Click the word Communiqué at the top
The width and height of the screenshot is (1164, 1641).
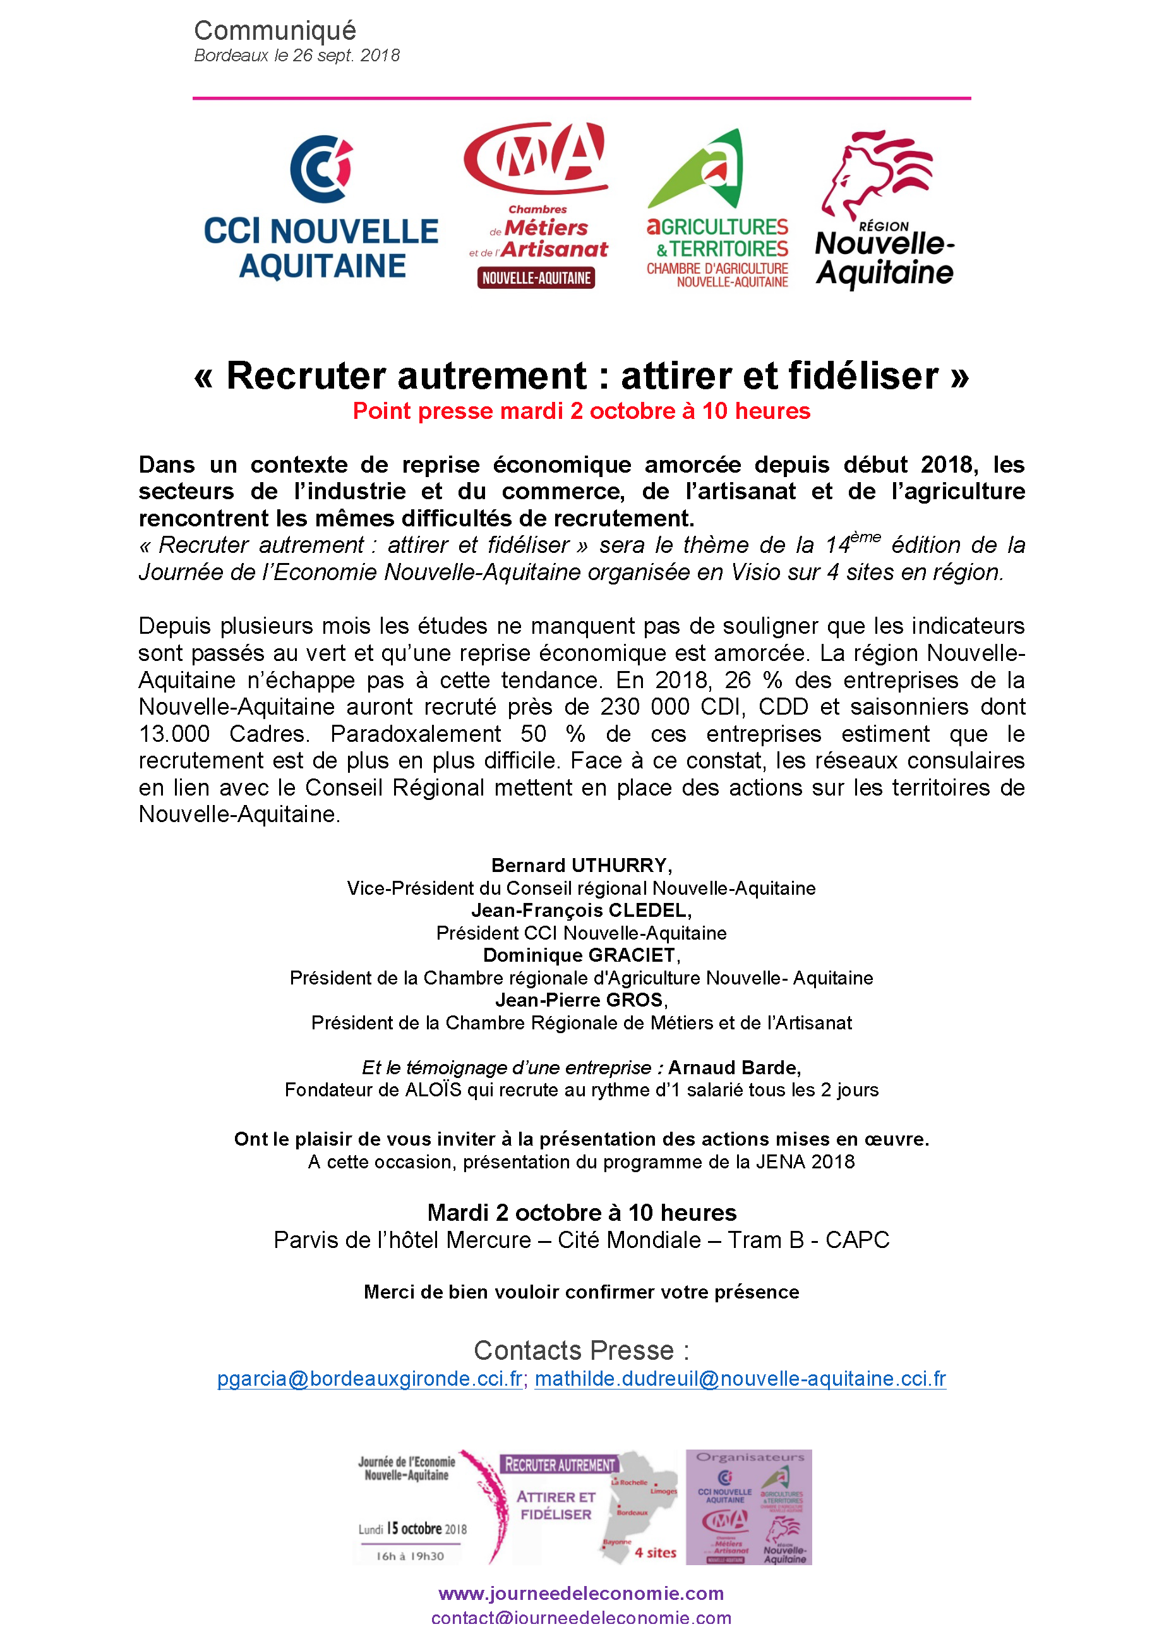tap(275, 30)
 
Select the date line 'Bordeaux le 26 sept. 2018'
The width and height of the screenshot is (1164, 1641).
tap(297, 55)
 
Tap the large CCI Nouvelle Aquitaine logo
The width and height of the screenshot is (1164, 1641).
tap(321, 208)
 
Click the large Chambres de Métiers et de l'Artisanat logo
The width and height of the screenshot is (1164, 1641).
tap(537, 205)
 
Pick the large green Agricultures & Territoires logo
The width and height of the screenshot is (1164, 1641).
tap(717, 208)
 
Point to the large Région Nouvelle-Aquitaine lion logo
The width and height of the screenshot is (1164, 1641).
tap(884, 208)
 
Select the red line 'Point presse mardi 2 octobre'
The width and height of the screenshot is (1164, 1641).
tap(581, 411)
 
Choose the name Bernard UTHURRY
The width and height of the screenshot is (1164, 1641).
tap(581, 865)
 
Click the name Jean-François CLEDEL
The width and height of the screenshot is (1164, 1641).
tap(580, 911)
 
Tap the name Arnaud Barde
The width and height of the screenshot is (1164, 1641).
tap(734, 1067)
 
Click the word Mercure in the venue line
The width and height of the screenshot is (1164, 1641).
tap(488, 1240)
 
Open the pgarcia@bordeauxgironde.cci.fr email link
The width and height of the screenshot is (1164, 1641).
tap(370, 1379)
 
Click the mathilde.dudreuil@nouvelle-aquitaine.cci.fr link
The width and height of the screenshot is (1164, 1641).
tap(740, 1379)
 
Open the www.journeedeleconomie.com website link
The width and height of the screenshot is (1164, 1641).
tap(581, 1593)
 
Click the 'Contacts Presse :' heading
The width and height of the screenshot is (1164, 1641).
tap(581, 1351)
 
